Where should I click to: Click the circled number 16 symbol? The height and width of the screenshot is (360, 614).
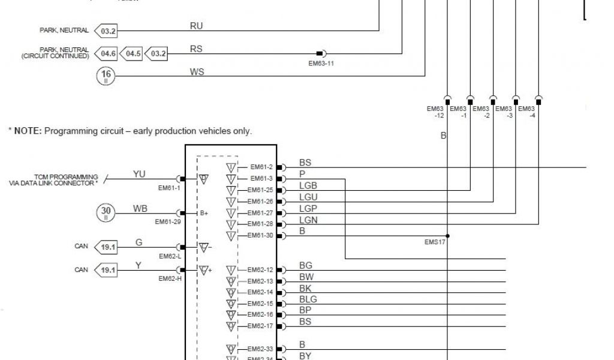click(106, 76)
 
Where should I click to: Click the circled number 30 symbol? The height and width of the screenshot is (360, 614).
click(106, 212)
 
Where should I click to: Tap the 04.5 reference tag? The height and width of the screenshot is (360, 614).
click(132, 54)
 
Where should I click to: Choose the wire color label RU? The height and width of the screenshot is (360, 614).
click(196, 26)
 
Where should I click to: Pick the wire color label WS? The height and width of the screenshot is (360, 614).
click(197, 72)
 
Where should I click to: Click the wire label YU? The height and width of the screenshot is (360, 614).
click(139, 174)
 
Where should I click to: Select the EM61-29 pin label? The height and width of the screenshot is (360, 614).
click(167, 222)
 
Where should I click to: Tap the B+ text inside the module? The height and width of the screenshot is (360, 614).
click(203, 213)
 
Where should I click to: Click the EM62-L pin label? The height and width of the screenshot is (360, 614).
click(170, 256)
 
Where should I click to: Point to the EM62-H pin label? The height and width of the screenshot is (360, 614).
click(170, 278)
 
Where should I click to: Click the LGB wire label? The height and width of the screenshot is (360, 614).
click(308, 186)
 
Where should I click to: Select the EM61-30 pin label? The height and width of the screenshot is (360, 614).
click(261, 236)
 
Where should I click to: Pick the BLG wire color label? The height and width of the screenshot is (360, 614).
click(308, 299)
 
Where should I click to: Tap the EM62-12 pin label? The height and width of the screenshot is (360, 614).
click(261, 270)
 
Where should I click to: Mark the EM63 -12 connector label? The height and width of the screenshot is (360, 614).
click(435, 112)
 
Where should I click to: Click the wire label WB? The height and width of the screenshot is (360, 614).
click(140, 208)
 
